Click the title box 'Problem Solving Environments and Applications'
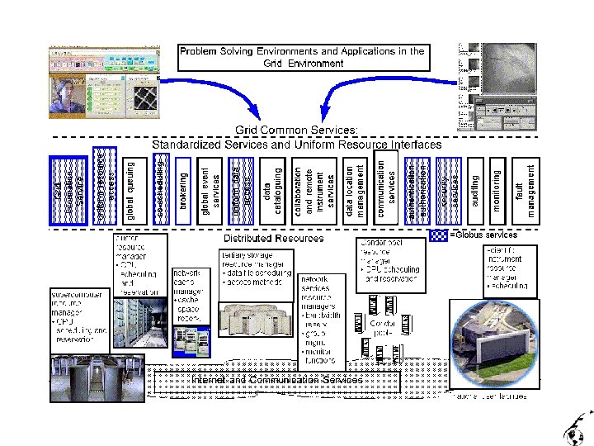click(x=302, y=57)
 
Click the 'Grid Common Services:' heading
click(x=297, y=130)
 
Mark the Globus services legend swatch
click(x=437, y=235)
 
